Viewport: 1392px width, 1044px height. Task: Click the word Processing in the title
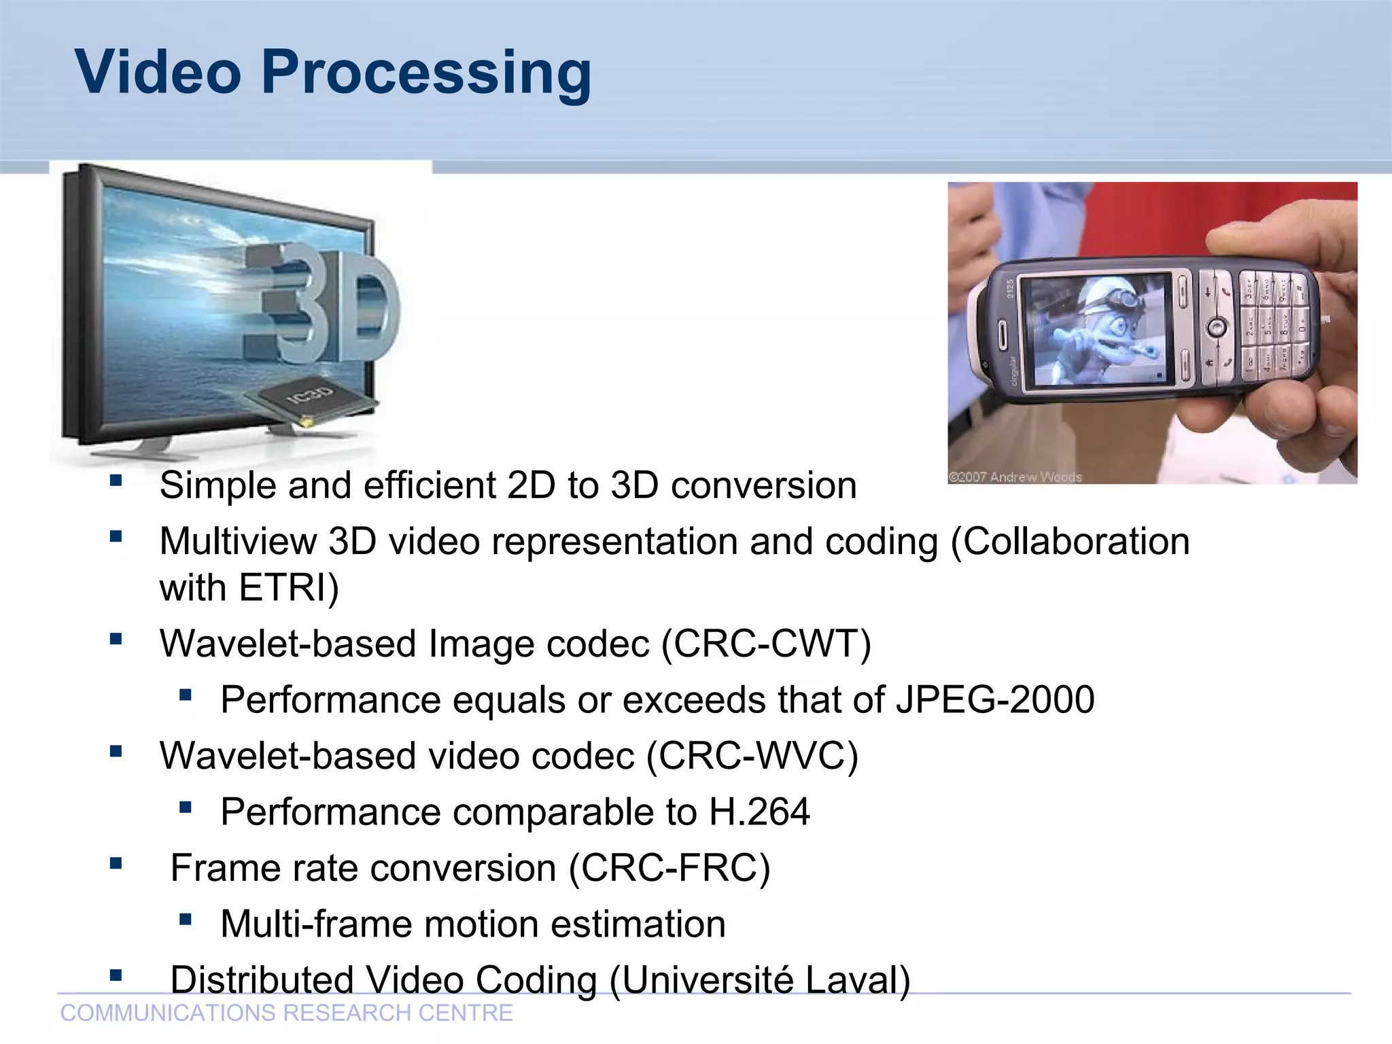pos(426,73)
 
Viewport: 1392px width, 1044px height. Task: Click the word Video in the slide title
pos(158,72)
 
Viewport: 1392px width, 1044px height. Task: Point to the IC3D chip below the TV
pos(313,398)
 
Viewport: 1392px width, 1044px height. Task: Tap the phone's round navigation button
pos(1216,328)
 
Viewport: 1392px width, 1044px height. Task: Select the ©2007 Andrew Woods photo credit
pos(1015,476)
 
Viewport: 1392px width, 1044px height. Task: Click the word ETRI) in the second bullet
pos(289,588)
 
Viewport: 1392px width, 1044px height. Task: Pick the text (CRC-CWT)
pos(766,644)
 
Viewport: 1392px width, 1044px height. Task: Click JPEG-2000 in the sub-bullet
pos(995,700)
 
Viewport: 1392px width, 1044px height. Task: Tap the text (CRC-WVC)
pos(752,756)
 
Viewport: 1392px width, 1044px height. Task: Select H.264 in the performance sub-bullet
pos(759,812)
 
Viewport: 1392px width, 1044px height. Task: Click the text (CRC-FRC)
pos(669,868)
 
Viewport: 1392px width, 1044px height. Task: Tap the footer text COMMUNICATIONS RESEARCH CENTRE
pos(286,1013)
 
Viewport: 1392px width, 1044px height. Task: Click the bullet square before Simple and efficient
pos(116,481)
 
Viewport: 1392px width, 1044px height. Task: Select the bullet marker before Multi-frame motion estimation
pos(185,920)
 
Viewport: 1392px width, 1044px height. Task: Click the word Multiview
pos(238,542)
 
